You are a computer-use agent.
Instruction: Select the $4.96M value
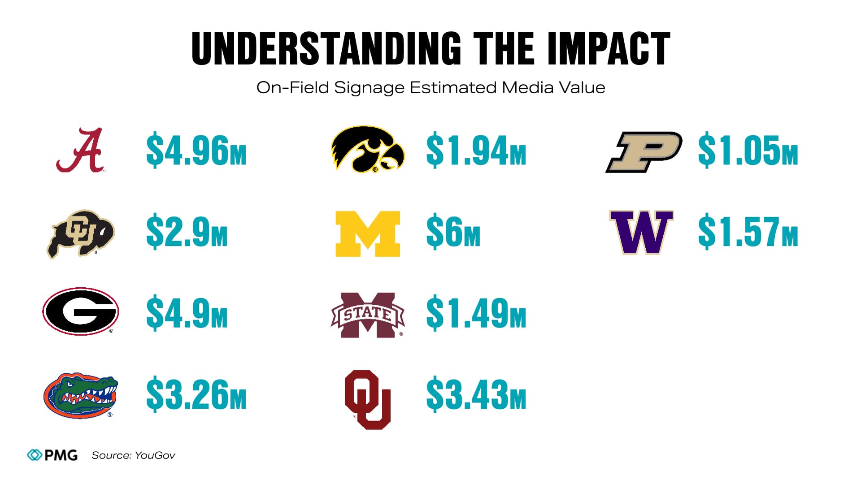click(196, 151)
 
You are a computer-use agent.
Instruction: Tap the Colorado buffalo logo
click(81, 233)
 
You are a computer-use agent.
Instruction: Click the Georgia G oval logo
click(81, 311)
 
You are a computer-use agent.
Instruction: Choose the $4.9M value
click(187, 312)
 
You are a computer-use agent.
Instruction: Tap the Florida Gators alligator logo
click(81, 395)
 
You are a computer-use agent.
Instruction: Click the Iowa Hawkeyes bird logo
click(367, 150)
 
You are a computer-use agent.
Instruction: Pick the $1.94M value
click(476, 151)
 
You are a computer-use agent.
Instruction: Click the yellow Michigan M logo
click(368, 233)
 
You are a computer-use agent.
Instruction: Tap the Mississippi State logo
click(368, 315)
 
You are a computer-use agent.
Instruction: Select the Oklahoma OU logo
click(368, 399)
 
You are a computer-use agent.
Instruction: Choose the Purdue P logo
click(644, 152)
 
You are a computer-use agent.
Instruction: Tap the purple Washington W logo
click(641, 232)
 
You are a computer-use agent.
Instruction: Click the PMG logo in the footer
click(52, 455)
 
